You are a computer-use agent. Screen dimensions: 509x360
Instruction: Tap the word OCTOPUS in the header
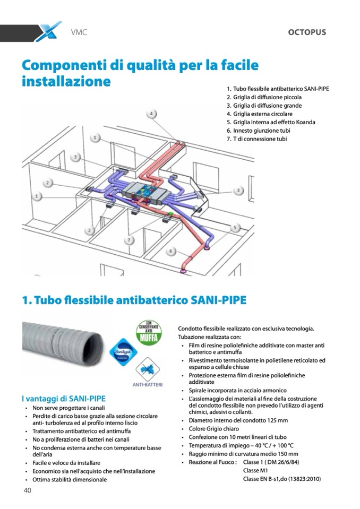click(x=307, y=32)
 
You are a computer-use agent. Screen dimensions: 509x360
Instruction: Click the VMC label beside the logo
click(x=79, y=32)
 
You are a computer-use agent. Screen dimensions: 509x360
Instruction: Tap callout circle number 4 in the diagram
click(x=152, y=114)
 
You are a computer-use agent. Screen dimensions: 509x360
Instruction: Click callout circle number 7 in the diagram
click(x=129, y=240)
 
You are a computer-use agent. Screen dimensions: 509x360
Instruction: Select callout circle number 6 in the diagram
click(x=172, y=251)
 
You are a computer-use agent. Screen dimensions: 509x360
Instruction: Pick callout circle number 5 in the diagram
click(x=235, y=227)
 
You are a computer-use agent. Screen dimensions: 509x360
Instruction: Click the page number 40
click(x=27, y=490)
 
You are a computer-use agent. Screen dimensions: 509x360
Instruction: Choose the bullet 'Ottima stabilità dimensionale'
click(x=70, y=479)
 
